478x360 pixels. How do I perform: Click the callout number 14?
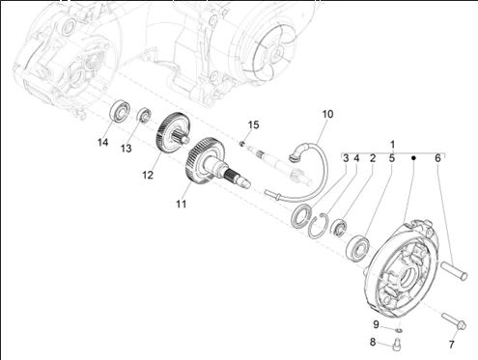tap(103, 142)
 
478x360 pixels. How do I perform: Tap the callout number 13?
tap(127, 149)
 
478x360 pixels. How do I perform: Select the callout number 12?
tap(148, 175)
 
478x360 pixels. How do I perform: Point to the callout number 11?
tap(182, 204)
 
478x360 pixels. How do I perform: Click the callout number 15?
tap(253, 125)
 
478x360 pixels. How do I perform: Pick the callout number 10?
tap(327, 114)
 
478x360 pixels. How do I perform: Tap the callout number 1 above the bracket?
tap(392, 145)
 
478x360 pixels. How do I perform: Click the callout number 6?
tap(437, 158)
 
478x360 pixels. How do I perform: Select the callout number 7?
tap(451, 345)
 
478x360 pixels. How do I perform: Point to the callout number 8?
tap(373, 342)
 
